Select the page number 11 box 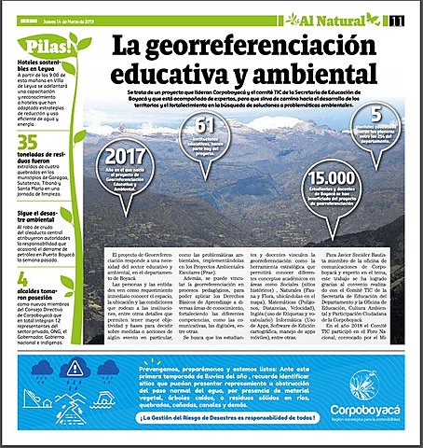tap(398, 20)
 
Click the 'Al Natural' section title tap(334, 19)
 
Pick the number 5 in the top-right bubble tap(389, 115)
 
